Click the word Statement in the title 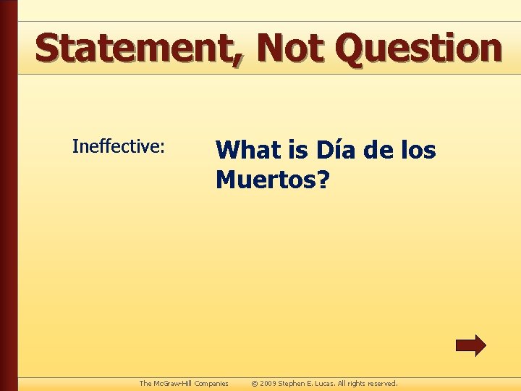tap(135, 48)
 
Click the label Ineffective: tap(119, 146)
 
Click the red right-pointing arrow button tap(470, 345)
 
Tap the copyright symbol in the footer tap(254, 383)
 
